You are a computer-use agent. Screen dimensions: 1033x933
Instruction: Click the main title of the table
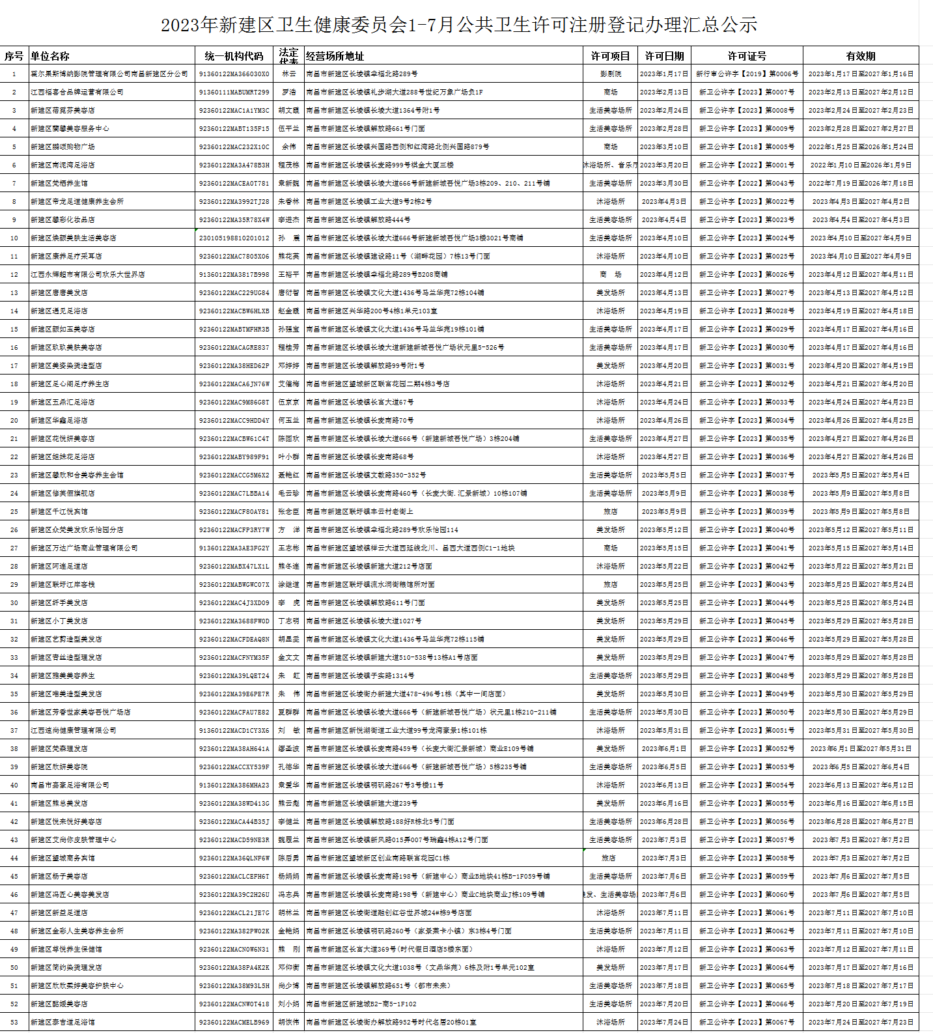(459, 25)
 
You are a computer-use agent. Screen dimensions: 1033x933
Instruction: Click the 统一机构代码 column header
(234, 56)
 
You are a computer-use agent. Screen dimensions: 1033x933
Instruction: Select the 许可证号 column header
(747, 56)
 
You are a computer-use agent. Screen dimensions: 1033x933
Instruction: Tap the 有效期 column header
(861, 56)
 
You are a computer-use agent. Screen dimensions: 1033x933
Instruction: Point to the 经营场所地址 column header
(335, 56)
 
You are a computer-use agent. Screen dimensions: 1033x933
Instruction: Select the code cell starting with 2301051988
(234, 238)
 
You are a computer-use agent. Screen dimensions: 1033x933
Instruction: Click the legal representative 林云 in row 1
(288, 74)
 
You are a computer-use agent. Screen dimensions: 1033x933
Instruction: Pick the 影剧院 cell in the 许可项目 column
(610, 74)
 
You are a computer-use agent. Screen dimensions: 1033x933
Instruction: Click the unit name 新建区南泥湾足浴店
(63, 165)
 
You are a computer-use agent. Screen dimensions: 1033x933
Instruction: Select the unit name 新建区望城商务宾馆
(63, 858)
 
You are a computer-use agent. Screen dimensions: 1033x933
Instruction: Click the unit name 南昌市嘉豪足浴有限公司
(70, 785)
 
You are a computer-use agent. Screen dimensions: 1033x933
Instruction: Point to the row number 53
(14, 1023)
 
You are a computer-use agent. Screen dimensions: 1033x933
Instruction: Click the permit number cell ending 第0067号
(747, 1023)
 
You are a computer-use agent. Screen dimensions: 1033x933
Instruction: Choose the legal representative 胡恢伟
(288, 1023)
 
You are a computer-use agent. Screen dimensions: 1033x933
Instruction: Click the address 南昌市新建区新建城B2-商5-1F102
(361, 1004)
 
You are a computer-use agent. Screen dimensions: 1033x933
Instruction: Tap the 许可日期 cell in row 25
(663, 512)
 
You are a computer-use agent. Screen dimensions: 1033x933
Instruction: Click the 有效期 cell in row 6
(861, 165)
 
